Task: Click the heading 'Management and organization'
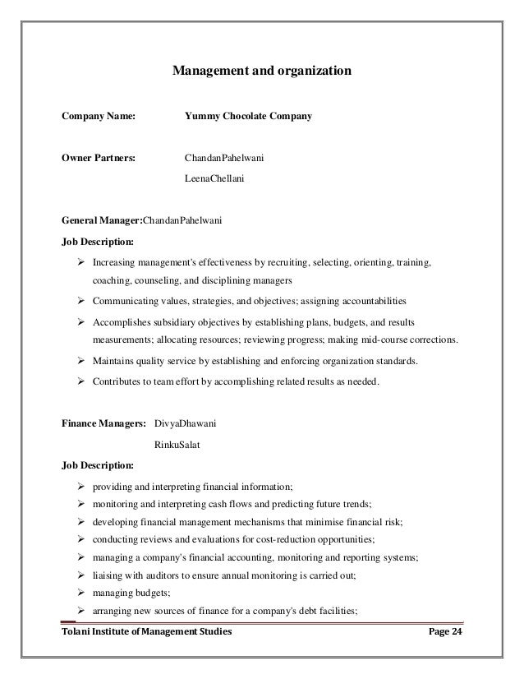pos(261,72)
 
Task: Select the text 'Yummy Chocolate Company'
pos(249,118)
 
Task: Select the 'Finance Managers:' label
pos(103,425)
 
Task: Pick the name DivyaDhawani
pos(186,425)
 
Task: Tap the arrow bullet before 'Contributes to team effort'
pos(81,381)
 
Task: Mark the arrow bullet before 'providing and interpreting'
pos(81,485)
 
